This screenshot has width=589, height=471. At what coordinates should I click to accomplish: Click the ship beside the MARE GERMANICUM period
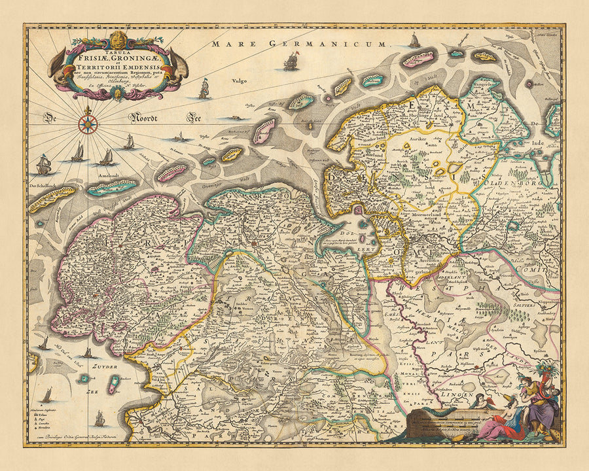tap(414, 41)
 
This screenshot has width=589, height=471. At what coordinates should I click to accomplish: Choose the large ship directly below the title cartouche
tap(204, 88)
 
